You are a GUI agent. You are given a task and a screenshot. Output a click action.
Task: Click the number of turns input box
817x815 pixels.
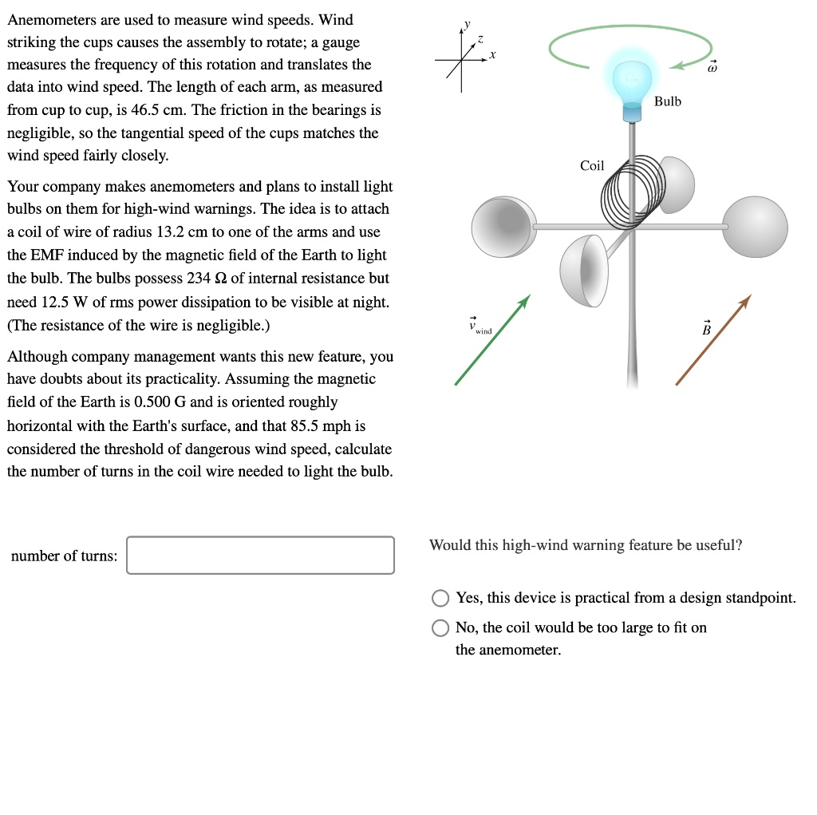point(260,555)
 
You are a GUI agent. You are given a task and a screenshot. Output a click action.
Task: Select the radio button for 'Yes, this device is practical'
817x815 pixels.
point(440,598)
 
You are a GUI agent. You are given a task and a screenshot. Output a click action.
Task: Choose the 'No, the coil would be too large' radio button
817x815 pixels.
point(440,628)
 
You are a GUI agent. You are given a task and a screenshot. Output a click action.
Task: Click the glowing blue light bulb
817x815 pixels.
point(632,81)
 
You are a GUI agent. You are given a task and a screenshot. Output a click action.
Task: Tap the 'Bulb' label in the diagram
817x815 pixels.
point(668,101)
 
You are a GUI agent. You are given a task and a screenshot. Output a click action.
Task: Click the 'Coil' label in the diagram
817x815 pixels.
point(592,166)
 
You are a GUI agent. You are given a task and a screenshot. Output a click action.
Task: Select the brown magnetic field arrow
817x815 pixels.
point(713,339)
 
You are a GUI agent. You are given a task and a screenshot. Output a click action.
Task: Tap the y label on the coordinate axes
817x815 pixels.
point(468,22)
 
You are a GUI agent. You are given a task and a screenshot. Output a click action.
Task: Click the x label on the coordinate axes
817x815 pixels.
point(493,55)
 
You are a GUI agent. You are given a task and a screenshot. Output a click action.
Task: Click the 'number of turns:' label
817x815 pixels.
point(64,556)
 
